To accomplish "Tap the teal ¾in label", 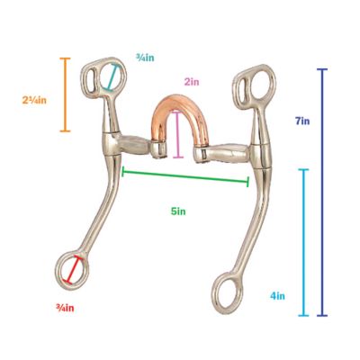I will coord(145,57).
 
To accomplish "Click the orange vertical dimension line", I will coord(64,94).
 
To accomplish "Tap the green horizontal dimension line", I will coord(185,176).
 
